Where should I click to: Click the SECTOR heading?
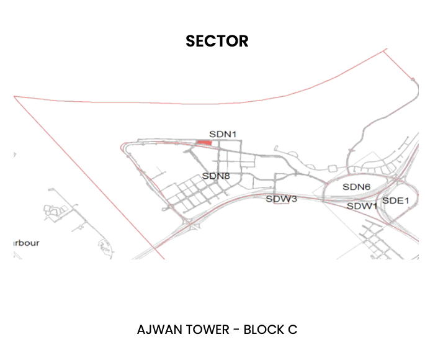217,41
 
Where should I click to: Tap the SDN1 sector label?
223,133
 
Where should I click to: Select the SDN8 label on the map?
216,176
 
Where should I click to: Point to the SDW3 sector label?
282,199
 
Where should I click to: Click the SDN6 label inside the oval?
356,187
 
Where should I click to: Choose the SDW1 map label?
362,205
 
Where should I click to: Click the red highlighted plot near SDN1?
204,143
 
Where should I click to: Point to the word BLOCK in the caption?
263,330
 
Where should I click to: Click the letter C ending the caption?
292,330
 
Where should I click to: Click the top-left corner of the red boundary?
14,96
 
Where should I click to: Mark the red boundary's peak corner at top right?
384,50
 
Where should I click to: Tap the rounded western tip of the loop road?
122,147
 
